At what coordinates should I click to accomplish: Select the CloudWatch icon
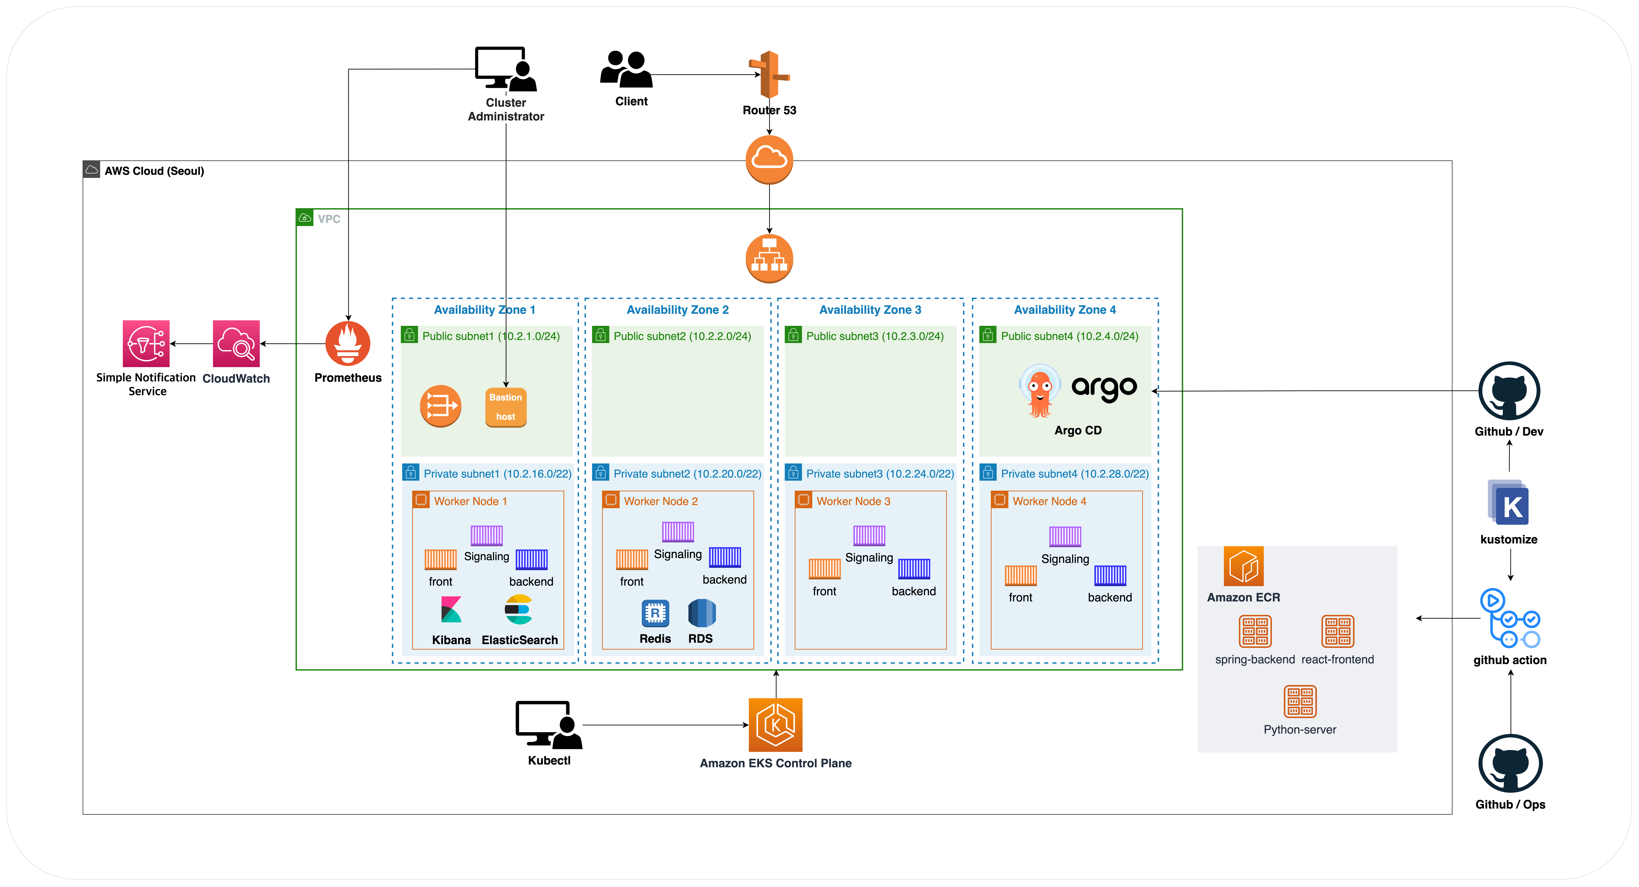(236, 344)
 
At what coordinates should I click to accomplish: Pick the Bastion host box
(506, 407)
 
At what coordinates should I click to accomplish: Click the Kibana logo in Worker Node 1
(451, 610)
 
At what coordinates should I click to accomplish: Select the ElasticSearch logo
(518, 610)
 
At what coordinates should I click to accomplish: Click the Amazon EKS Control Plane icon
(776, 725)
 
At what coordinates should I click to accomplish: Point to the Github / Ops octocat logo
(1511, 763)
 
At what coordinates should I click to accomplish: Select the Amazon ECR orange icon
(1243, 566)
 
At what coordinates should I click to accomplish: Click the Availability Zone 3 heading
(870, 310)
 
